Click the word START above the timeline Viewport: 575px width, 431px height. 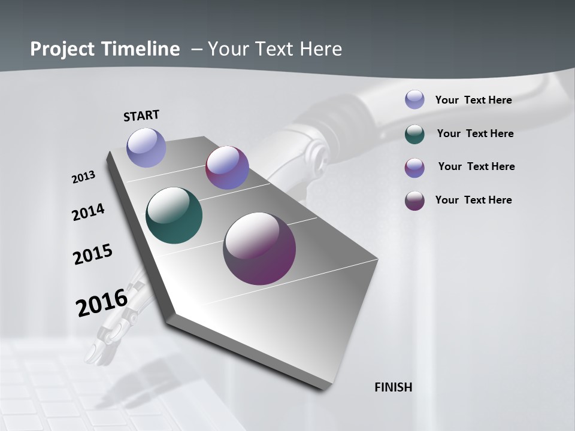pos(141,116)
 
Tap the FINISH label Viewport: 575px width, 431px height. pos(393,387)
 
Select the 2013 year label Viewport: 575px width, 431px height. pos(83,177)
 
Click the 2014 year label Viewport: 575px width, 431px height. pos(88,213)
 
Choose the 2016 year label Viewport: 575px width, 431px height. pos(102,302)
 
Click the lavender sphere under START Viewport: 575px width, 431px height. pos(146,147)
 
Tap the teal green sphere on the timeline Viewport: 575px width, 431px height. pos(174,215)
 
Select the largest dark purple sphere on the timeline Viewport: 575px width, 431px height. pos(259,248)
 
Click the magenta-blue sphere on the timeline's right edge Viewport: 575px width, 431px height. pos(227,168)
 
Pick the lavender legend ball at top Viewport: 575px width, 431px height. pos(414,99)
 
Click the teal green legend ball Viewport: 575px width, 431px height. pos(414,134)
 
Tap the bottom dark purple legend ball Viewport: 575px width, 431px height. pos(414,201)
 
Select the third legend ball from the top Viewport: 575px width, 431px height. pos(414,168)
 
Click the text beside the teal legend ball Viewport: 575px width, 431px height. pos(475,133)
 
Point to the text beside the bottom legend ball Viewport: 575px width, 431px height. pos(473,200)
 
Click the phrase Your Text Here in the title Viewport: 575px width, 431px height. pos(274,49)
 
